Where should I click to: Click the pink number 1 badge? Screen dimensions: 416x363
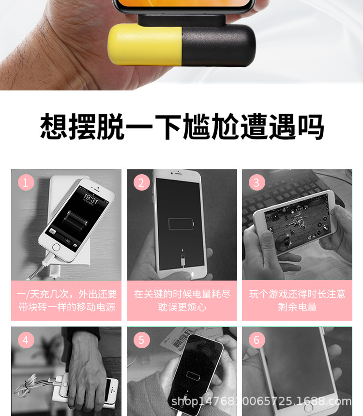(x=26, y=182)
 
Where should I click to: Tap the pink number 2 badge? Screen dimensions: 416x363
(x=141, y=182)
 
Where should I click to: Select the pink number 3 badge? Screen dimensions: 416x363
(x=256, y=182)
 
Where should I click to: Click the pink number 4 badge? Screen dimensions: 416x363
(x=26, y=340)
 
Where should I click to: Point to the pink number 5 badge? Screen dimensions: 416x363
(x=141, y=340)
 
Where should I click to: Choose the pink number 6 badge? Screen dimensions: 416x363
(x=256, y=340)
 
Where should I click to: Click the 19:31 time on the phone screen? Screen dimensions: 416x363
(x=91, y=198)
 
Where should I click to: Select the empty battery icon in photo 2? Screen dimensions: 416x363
(x=181, y=224)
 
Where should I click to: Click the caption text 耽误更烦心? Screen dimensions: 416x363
(x=182, y=307)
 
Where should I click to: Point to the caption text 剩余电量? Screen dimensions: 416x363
(x=297, y=307)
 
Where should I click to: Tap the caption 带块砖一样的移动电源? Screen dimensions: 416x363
(x=67, y=307)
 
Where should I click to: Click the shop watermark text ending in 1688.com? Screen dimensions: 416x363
(x=261, y=401)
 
